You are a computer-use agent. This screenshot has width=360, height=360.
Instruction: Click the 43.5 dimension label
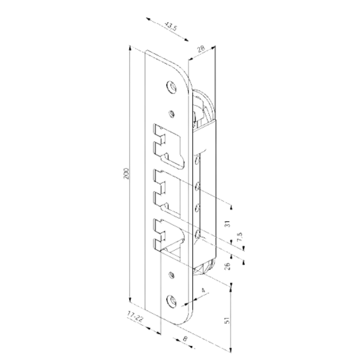pyautogui.click(x=171, y=27)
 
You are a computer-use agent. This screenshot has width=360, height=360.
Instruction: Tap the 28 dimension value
pyautogui.click(x=201, y=49)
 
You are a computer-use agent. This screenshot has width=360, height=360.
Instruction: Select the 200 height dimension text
pyautogui.click(x=126, y=174)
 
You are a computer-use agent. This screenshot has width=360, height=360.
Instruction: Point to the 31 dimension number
pyautogui.click(x=227, y=224)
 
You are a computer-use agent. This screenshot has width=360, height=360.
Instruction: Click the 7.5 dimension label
pyautogui.click(x=239, y=237)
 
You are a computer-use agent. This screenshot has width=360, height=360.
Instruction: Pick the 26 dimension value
pyautogui.click(x=227, y=266)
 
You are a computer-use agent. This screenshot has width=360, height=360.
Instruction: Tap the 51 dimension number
pyautogui.click(x=227, y=320)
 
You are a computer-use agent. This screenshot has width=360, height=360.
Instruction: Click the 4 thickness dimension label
pyautogui.click(x=203, y=290)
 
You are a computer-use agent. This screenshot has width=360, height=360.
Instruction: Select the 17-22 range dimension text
pyautogui.click(x=135, y=316)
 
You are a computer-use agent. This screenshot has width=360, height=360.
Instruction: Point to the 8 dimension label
pyautogui.click(x=185, y=338)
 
